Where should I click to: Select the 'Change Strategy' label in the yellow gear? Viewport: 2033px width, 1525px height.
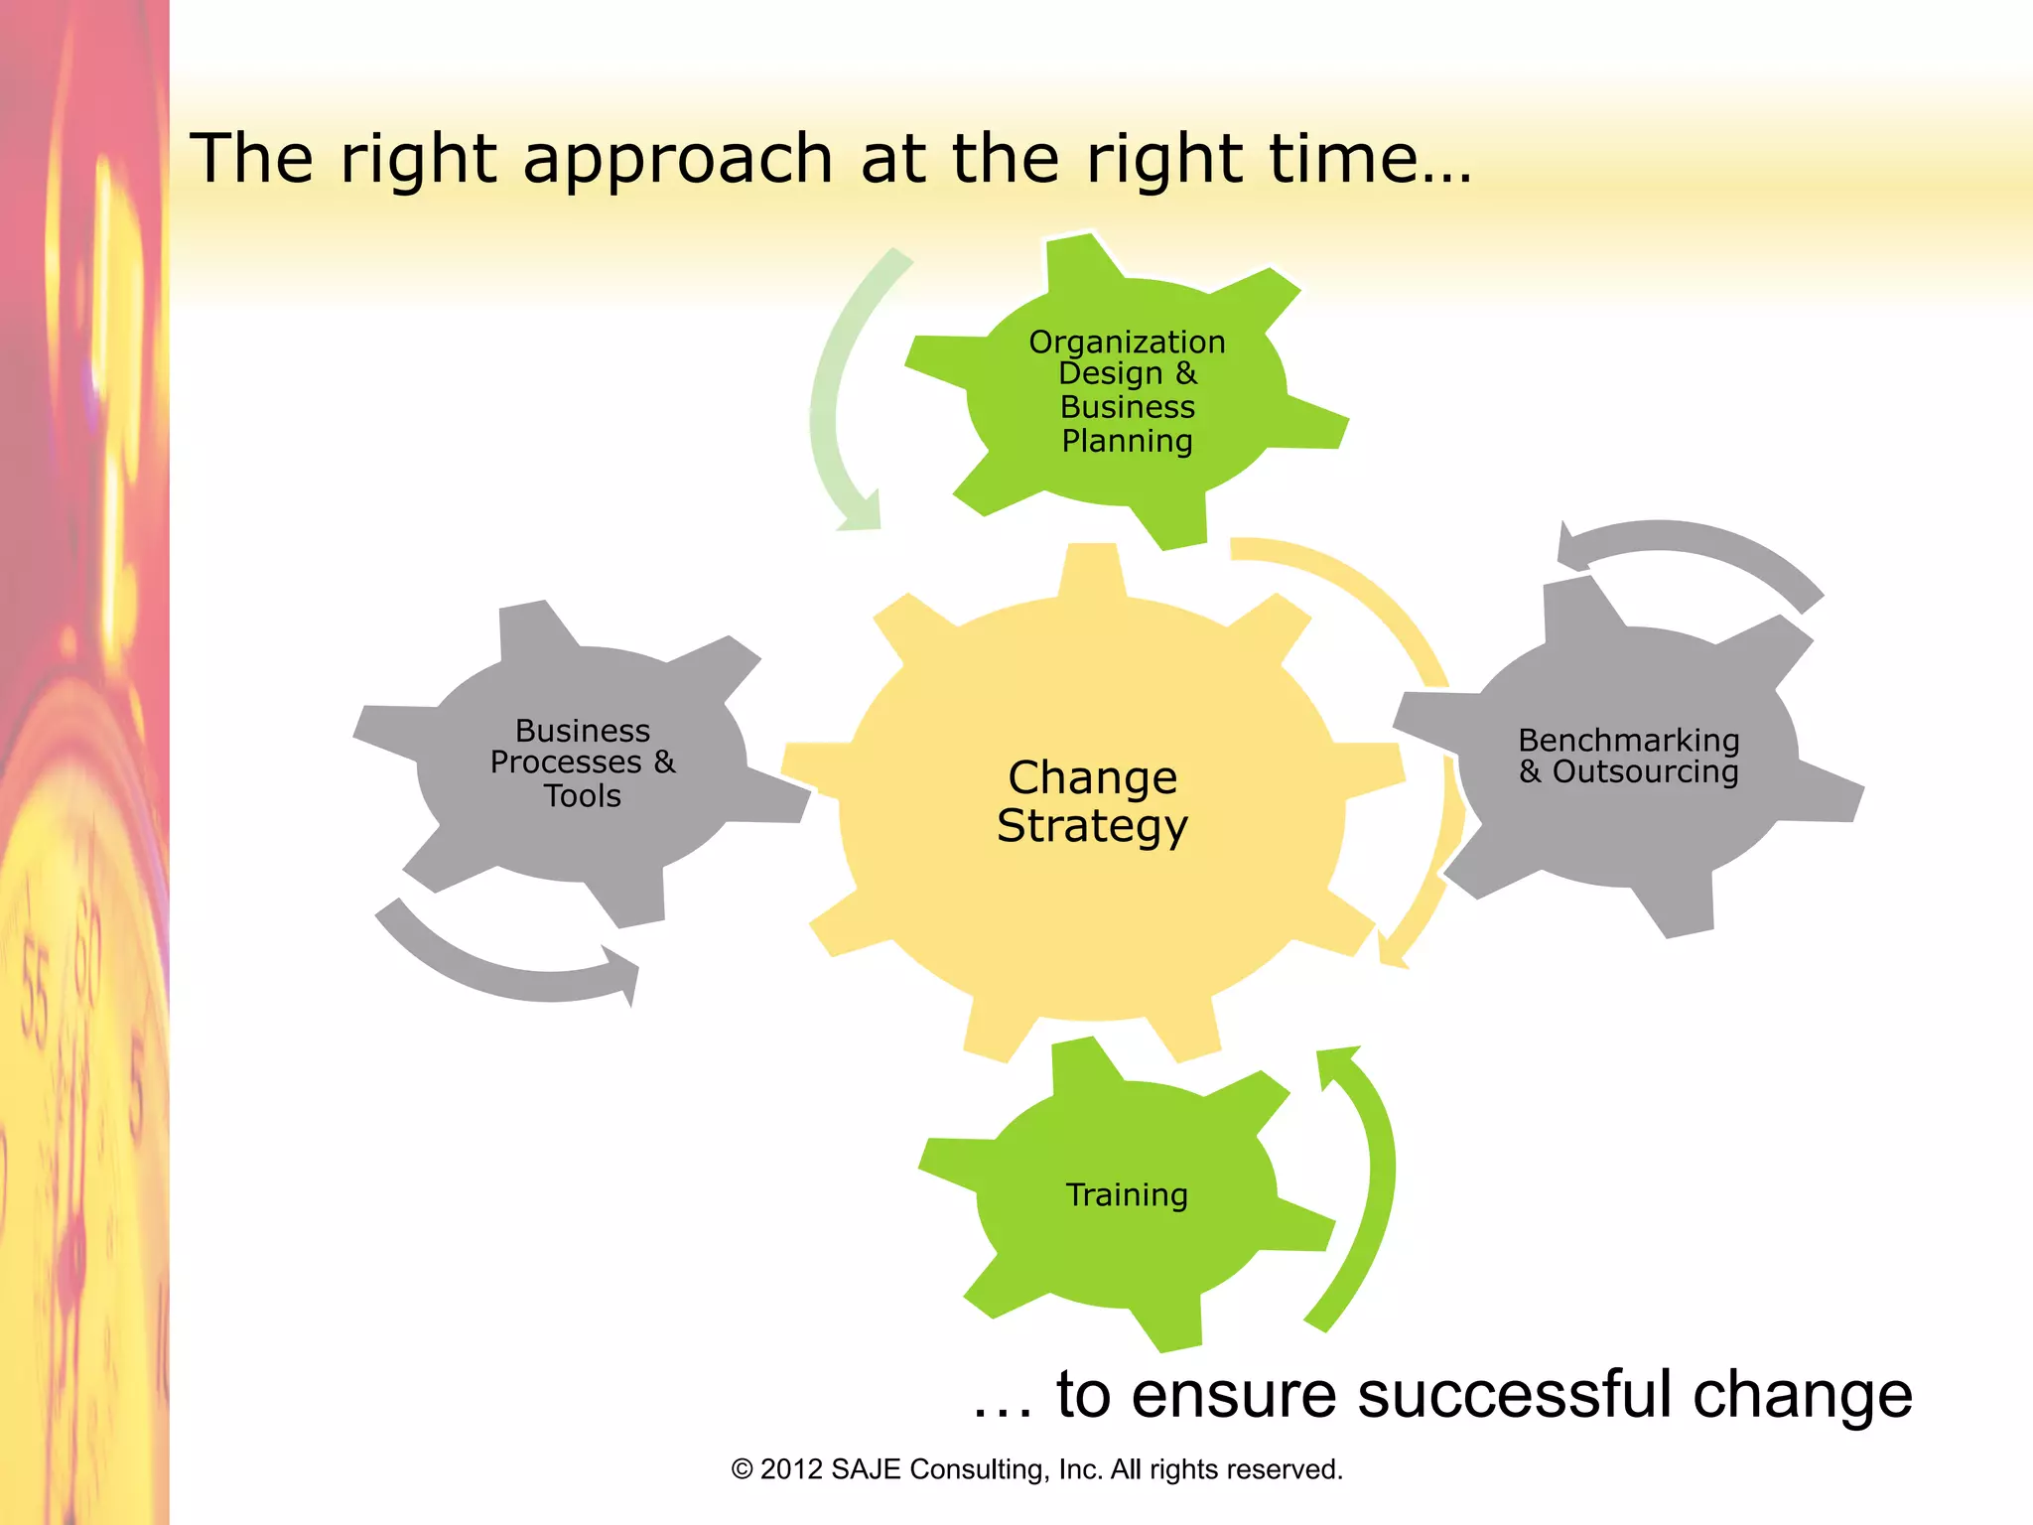[1092, 801]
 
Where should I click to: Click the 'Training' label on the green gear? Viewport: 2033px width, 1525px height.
[1127, 1194]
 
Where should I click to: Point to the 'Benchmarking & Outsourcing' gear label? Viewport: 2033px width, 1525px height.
[1629, 756]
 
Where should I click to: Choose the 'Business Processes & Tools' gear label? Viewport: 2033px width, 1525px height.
[583, 762]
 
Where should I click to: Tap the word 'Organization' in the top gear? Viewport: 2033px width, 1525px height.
[1127, 342]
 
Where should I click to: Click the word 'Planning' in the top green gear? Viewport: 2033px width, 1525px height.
[1127, 441]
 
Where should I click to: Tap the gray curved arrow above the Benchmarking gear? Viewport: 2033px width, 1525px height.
[1688, 546]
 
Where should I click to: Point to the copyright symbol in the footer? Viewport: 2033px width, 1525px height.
[742, 1469]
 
